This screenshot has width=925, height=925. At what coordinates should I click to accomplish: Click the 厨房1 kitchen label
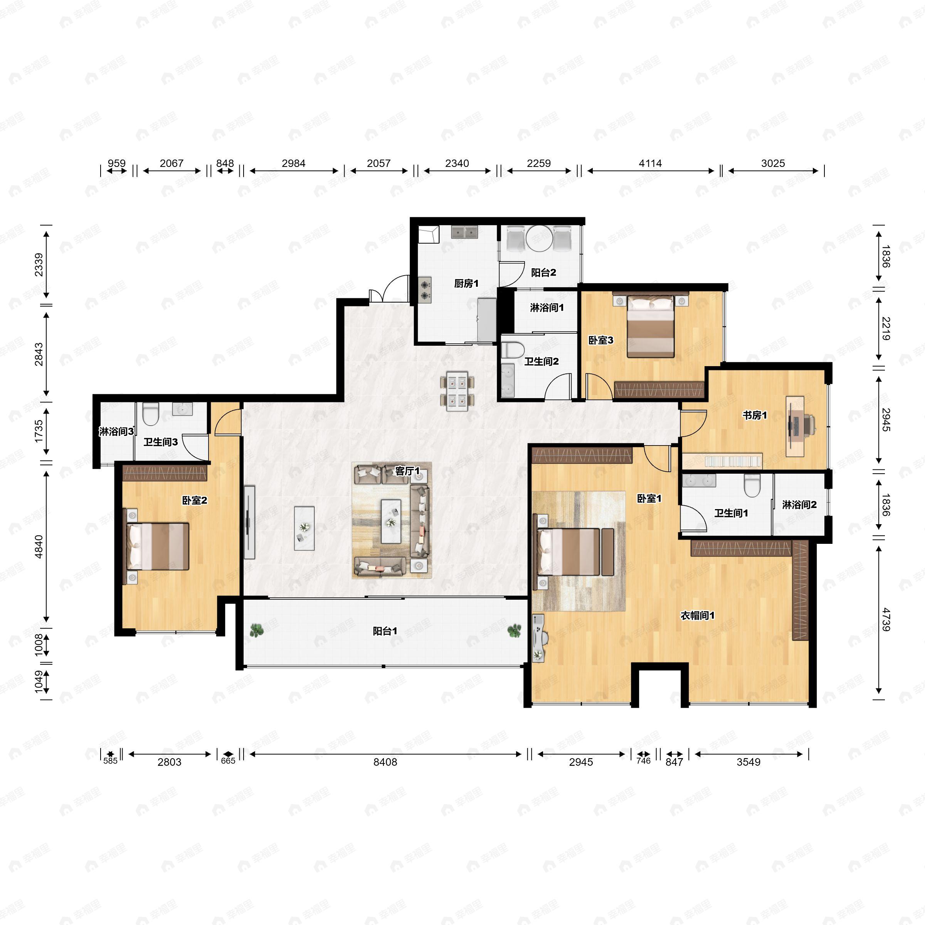[466, 283]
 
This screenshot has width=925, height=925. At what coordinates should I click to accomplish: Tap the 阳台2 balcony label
[543, 272]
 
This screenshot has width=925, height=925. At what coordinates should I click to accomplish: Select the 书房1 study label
[755, 415]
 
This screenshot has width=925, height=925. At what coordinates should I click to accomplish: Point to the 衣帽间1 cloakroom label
[697, 615]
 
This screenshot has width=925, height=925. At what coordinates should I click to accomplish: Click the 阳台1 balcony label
[385, 631]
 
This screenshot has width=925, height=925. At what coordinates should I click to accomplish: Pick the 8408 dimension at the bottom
[385, 762]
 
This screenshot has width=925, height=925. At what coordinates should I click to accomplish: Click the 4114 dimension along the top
[650, 163]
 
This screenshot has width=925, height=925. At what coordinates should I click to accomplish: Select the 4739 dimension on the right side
[885, 619]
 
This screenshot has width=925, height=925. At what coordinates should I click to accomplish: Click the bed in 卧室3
[651, 326]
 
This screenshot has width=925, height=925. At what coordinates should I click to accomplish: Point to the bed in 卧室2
[158, 546]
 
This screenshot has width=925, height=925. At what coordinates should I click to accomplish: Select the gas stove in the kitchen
[425, 290]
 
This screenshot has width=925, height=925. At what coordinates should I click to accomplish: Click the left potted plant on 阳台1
[257, 630]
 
